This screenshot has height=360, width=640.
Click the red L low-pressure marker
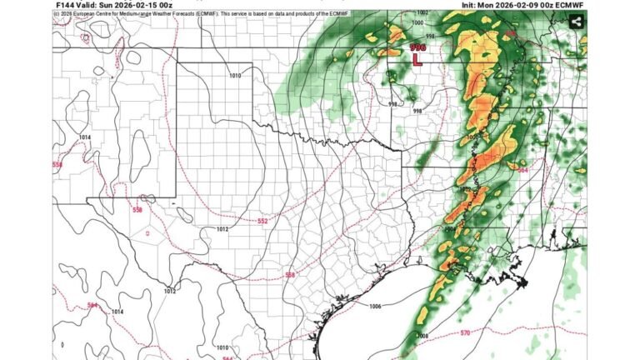pos(417,60)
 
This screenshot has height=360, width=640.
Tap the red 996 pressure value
pos(417,48)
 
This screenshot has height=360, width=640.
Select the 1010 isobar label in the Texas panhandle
pos(235,76)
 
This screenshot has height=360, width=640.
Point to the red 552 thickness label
pos(262,221)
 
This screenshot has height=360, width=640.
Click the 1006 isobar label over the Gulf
pos(375,307)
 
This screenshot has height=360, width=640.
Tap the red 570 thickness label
pos(464,333)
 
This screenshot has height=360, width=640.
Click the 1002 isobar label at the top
pos(422,12)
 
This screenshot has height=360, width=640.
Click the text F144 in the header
pos(66,4)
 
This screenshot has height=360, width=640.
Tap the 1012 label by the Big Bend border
pos(169,291)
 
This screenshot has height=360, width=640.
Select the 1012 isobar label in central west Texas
pos(222,228)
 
